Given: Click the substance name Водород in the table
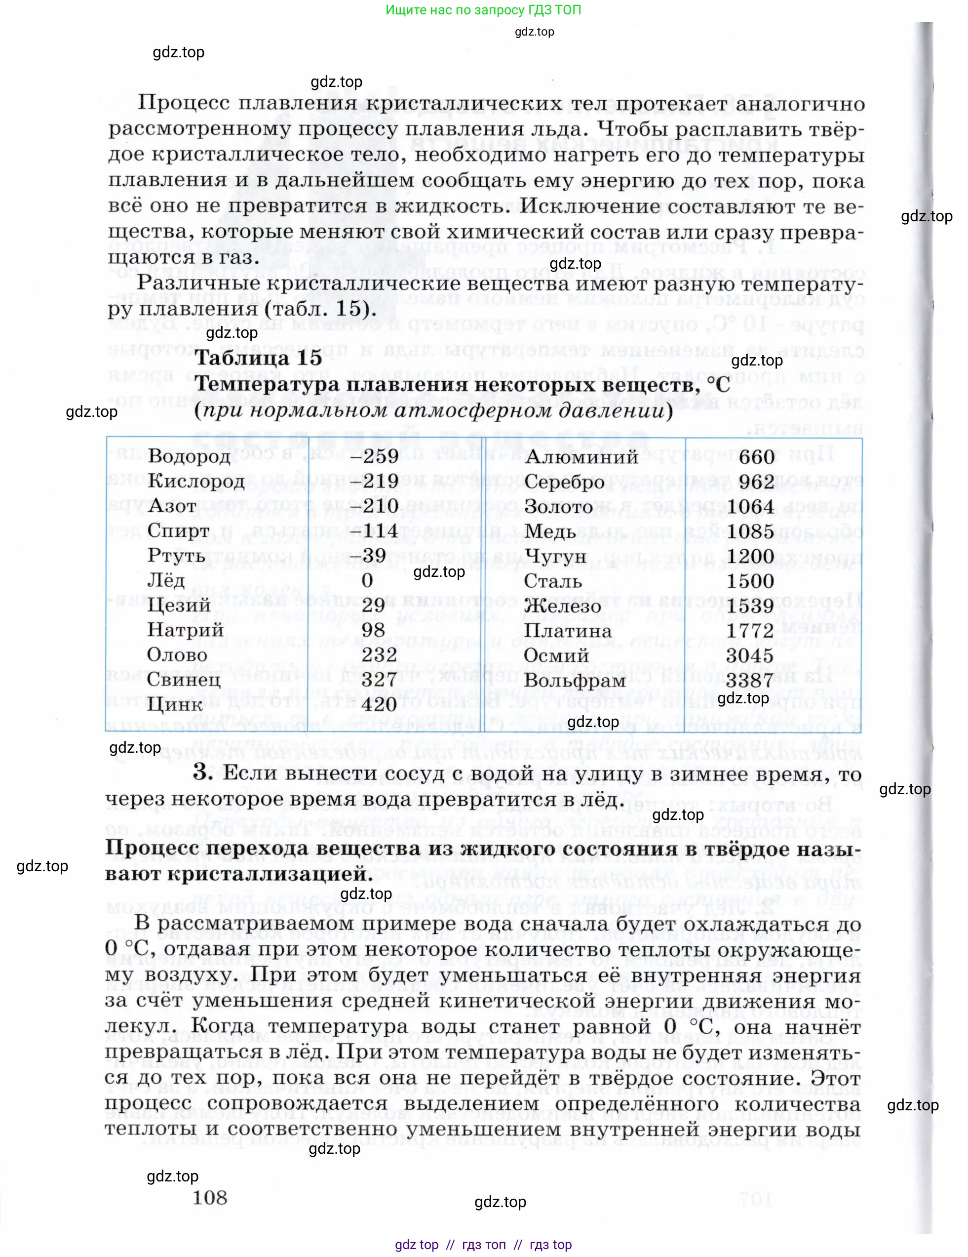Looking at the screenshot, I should [x=181, y=456].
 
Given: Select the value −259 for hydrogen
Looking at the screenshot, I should [x=373, y=456].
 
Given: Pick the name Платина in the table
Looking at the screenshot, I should [x=567, y=631].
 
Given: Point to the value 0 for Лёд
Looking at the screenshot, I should [x=367, y=580].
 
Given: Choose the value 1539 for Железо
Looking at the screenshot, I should [x=749, y=606].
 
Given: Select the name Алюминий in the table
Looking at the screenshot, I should [x=581, y=457].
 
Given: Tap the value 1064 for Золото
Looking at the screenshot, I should [x=749, y=506].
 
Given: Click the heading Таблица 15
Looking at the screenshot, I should [x=258, y=358].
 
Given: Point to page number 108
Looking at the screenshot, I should [x=209, y=1198].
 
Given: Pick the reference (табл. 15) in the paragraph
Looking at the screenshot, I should [x=320, y=309].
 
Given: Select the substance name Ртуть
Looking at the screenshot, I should [x=176, y=556].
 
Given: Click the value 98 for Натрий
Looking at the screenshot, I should [x=373, y=630].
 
